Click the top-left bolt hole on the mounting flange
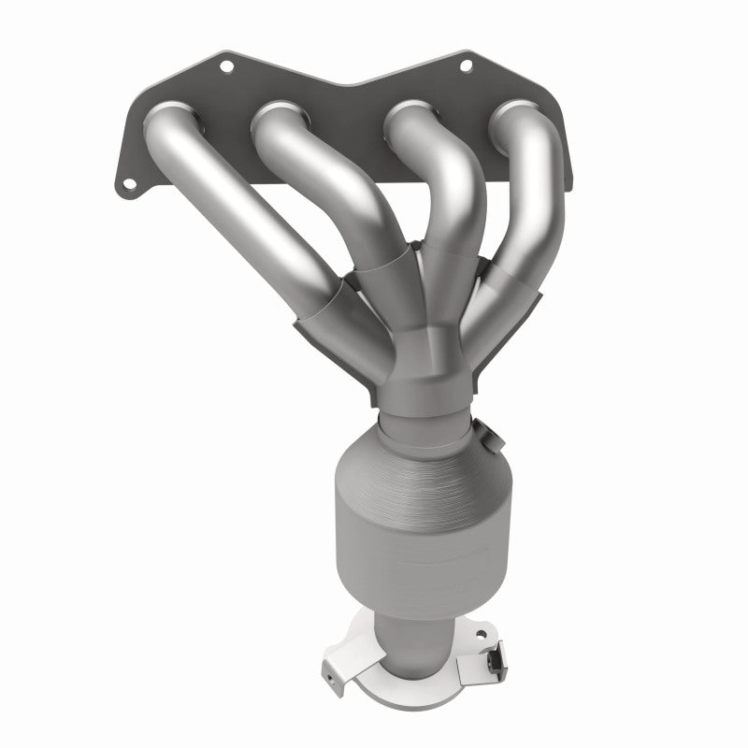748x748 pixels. pos(225,66)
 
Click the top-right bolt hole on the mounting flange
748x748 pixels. pos(465,66)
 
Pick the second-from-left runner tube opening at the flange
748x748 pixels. pos(278,117)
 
